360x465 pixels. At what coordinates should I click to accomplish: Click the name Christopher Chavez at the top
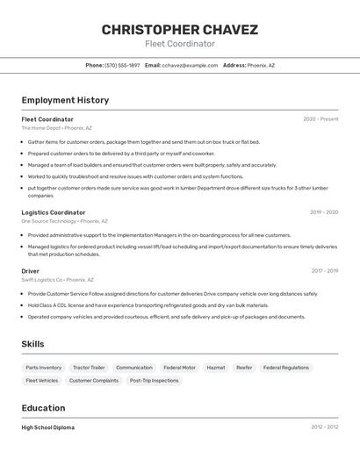click(179, 30)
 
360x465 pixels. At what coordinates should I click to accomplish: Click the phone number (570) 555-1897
click(122, 65)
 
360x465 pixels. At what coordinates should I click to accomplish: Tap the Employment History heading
click(65, 100)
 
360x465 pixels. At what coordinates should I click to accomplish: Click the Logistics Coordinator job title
click(54, 212)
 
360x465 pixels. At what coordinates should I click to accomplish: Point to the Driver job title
click(31, 271)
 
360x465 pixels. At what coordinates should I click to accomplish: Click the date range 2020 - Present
click(320, 119)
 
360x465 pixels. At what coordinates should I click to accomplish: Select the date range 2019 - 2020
click(323, 212)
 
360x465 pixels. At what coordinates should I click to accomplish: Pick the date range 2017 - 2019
click(324, 271)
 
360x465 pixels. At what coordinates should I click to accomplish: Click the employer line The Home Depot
click(56, 128)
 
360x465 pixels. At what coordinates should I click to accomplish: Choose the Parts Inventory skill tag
click(44, 368)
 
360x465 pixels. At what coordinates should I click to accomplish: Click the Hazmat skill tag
click(215, 368)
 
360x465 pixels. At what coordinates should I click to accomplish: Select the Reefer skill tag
click(244, 368)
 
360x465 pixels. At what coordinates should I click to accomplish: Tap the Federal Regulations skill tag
click(286, 368)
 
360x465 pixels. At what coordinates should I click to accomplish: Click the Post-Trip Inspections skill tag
click(154, 381)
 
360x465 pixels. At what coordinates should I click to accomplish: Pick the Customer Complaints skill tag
click(94, 381)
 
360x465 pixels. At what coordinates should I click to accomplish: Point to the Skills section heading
click(32, 344)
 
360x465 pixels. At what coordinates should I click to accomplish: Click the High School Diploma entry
click(48, 427)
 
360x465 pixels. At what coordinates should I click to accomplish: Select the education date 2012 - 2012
click(324, 427)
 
